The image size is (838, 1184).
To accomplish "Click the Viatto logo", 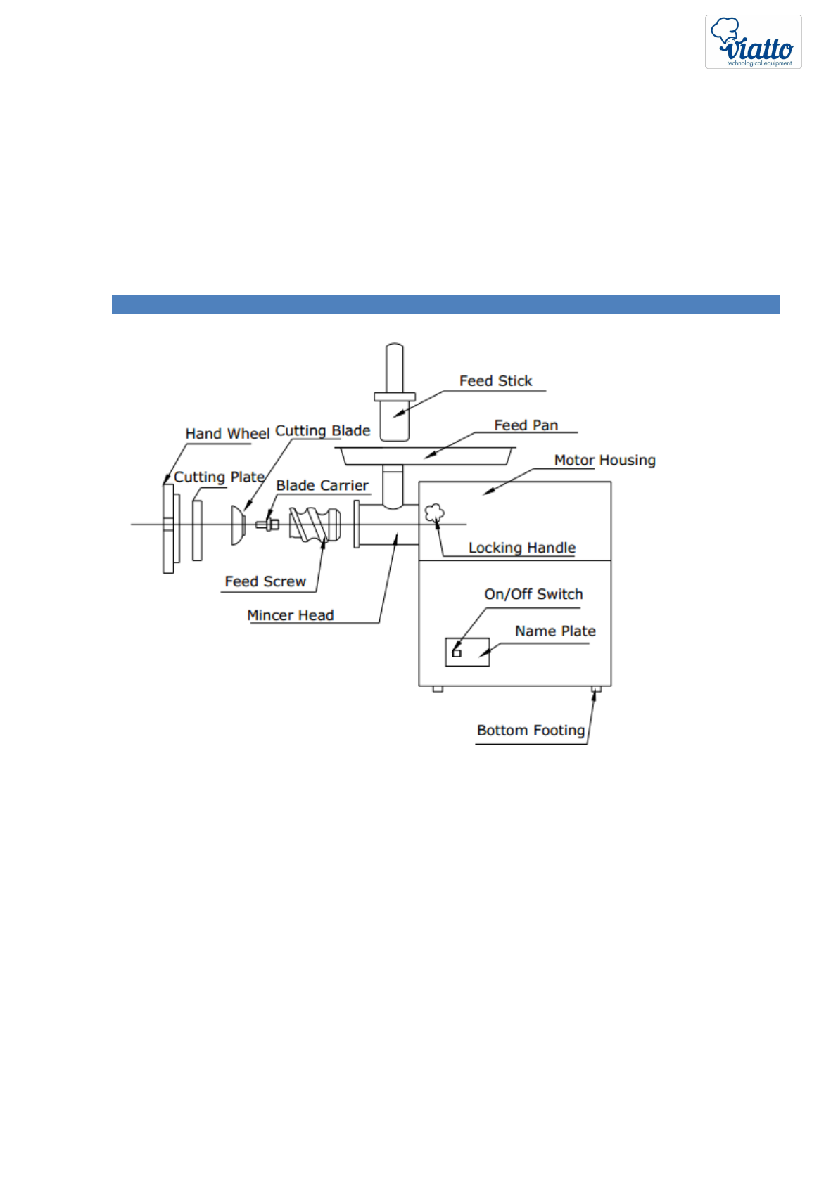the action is [x=753, y=41].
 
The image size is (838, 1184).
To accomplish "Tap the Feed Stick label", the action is [x=495, y=381].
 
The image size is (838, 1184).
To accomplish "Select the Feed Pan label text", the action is [x=526, y=425].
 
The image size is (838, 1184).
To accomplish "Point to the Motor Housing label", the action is [x=604, y=461].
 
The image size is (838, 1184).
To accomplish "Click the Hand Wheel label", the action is [x=227, y=434].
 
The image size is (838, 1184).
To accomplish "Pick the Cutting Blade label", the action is [x=323, y=431].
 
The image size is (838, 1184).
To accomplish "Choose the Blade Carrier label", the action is [x=322, y=486].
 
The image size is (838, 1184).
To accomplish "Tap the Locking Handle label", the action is [x=521, y=548].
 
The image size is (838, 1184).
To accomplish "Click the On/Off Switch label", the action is [x=533, y=595].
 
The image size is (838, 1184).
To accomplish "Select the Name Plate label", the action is [x=555, y=631].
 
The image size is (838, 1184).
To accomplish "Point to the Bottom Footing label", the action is [x=531, y=731].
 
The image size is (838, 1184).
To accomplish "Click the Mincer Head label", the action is [x=290, y=615].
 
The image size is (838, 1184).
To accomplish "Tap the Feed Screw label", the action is [x=265, y=581].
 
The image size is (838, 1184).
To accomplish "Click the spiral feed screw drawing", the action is [x=315, y=525].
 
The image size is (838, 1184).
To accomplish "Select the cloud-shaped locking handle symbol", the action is [x=434, y=513].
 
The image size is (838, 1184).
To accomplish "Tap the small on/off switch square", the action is [x=457, y=653].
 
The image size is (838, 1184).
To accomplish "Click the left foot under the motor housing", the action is [x=438, y=689].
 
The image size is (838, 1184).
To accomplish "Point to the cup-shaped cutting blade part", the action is [x=238, y=525].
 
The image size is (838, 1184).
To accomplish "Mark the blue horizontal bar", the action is [x=445, y=304].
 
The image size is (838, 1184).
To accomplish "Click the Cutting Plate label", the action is [x=219, y=477].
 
